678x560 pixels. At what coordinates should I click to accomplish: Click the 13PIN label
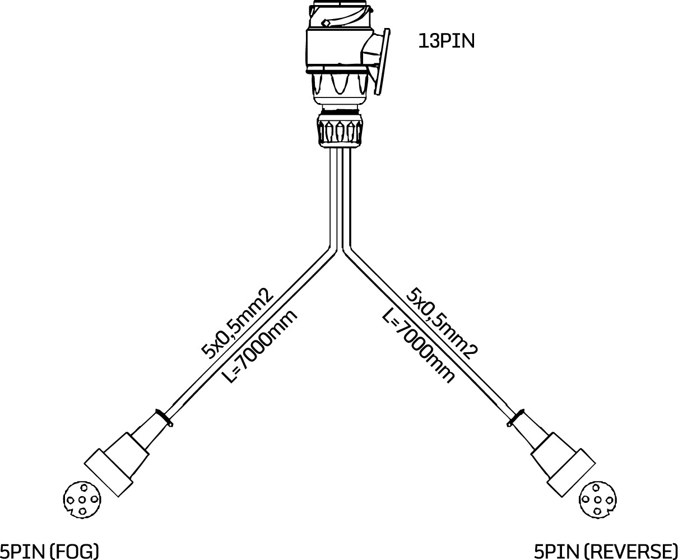pyautogui.click(x=447, y=41)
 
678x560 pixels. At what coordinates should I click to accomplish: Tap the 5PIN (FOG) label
pyautogui.click(x=49, y=551)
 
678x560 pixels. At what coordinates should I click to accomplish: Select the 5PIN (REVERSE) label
pyautogui.click(x=606, y=551)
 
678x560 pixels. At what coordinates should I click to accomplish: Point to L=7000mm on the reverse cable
pyautogui.click(x=418, y=346)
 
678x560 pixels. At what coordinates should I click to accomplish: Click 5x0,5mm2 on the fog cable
pyautogui.click(x=238, y=324)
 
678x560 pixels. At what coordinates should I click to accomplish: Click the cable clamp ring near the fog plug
pyautogui.click(x=164, y=418)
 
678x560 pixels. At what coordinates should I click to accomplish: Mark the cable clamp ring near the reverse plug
pyautogui.click(x=516, y=418)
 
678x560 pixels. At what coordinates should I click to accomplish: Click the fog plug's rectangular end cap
pyautogui.click(x=109, y=473)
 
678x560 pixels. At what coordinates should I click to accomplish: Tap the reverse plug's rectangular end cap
pyautogui.click(x=572, y=473)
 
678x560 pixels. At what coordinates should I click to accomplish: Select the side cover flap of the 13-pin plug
pyautogui.click(x=382, y=62)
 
